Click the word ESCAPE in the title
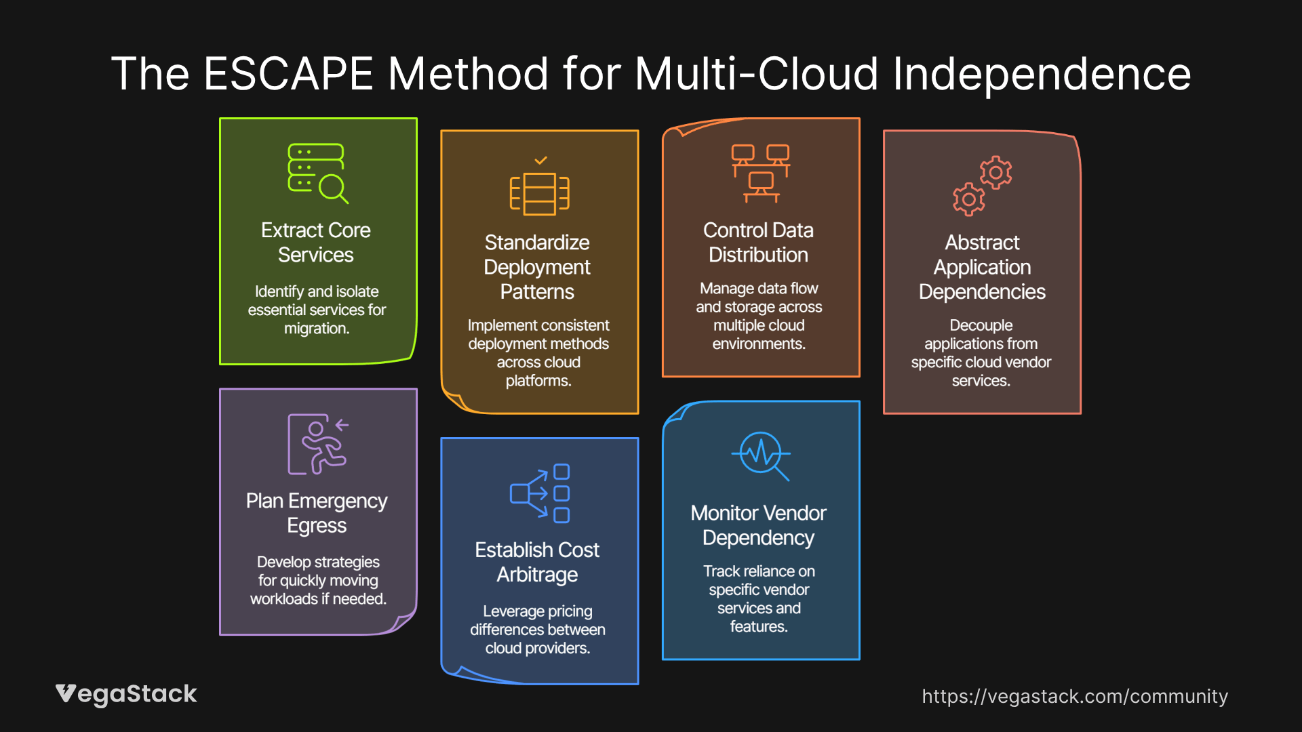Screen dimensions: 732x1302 pos(288,74)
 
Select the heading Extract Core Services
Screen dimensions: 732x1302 pos(316,243)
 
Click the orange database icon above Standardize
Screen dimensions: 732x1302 pos(539,194)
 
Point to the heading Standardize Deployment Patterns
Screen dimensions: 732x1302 pos(537,267)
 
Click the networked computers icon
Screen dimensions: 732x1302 pos(760,174)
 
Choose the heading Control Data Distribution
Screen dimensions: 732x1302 pos(758,243)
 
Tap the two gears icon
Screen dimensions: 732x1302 pos(982,186)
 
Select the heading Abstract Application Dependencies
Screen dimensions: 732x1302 pos(982,267)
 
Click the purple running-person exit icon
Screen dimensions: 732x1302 pos(317,444)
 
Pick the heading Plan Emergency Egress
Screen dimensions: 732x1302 pos(317,513)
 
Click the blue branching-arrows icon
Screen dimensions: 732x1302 pos(540,493)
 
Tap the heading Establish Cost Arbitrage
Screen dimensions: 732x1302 pos(537,562)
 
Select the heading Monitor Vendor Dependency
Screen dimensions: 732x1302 pos(758,525)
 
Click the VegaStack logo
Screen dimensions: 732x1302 pos(126,694)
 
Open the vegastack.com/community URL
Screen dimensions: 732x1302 pos(1075,696)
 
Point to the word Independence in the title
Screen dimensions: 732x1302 pos(1042,74)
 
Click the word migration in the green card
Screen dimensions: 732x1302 pos(316,329)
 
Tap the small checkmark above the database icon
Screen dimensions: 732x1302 pos(540,161)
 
